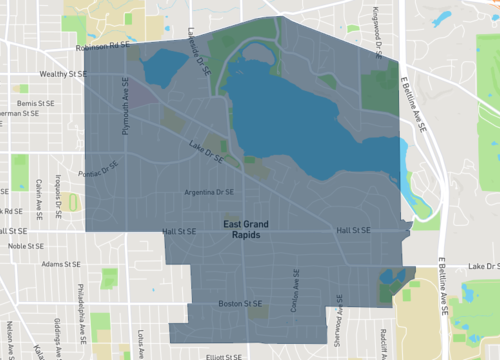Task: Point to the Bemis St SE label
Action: click(37, 103)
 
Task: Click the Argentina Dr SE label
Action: click(210, 192)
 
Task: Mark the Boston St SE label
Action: click(239, 303)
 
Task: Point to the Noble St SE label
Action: click(28, 245)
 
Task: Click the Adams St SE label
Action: click(60, 265)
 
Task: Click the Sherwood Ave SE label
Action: click(339, 311)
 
